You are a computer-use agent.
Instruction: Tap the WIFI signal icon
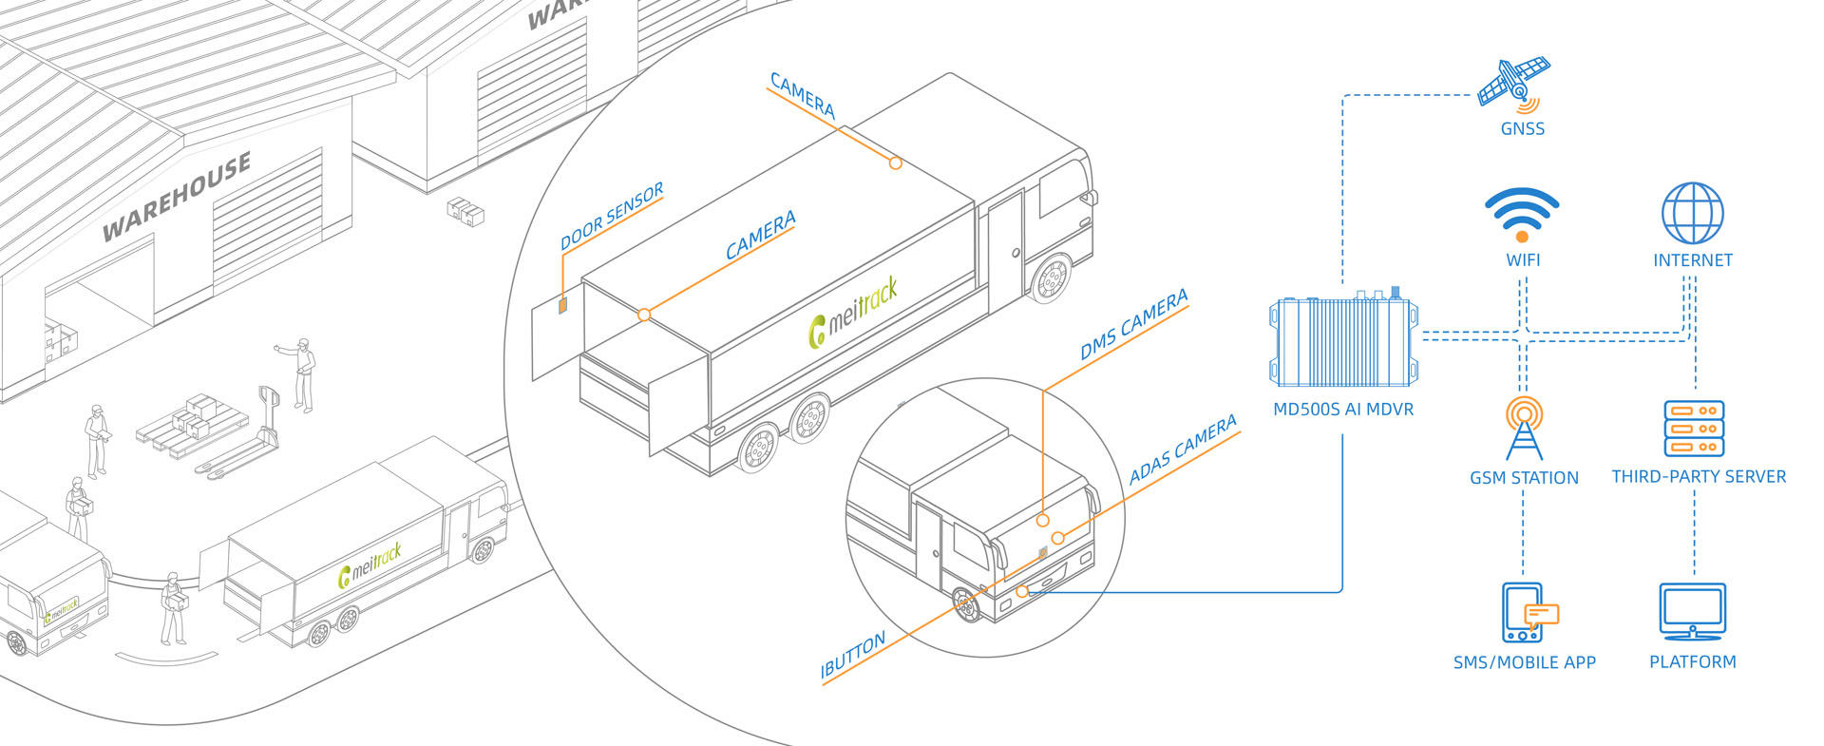(1522, 215)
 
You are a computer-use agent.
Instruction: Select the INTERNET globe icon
(1692, 214)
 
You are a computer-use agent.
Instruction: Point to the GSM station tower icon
(1523, 429)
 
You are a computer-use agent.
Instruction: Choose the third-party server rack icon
(1694, 429)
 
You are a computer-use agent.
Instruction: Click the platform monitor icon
(1692, 612)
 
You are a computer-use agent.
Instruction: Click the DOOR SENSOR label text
(612, 218)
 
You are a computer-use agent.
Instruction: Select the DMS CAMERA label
(1133, 325)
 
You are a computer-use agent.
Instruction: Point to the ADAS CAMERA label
(1183, 449)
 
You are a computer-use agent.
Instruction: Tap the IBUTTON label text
(852, 656)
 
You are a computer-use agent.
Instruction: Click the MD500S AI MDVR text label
(1343, 410)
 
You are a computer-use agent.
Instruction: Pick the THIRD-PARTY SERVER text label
(1699, 477)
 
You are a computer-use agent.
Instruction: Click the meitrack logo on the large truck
(852, 314)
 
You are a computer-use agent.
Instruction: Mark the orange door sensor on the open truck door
(562, 304)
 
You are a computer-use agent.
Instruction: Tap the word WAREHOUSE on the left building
(177, 196)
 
